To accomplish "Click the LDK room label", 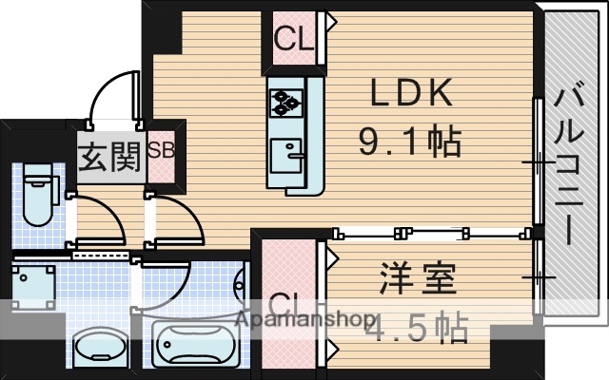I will pos(410,95).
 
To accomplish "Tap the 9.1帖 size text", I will pos(410,142).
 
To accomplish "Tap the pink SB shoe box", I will pos(161,152).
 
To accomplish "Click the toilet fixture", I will pos(38,195).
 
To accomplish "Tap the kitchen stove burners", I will pos(285,99).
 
